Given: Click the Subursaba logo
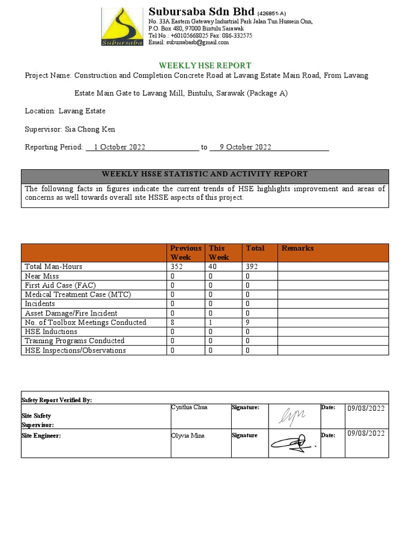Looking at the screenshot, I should [x=122, y=27].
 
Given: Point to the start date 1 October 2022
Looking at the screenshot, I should [x=120, y=147].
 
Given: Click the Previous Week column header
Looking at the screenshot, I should [x=186, y=252].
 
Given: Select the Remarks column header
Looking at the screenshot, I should [x=297, y=248].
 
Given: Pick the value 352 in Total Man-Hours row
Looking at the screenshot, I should [x=176, y=267].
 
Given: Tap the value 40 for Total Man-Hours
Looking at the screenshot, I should [x=213, y=267].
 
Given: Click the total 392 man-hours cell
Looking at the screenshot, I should [x=251, y=267].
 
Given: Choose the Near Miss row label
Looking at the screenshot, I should [x=42, y=276].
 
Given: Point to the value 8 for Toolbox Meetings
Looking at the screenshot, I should [x=172, y=323].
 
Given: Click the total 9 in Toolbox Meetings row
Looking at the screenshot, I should [x=248, y=323].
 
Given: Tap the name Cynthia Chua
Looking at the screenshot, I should [x=190, y=408].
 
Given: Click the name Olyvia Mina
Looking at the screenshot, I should [x=188, y=435].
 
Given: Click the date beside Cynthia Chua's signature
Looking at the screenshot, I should [x=366, y=409].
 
